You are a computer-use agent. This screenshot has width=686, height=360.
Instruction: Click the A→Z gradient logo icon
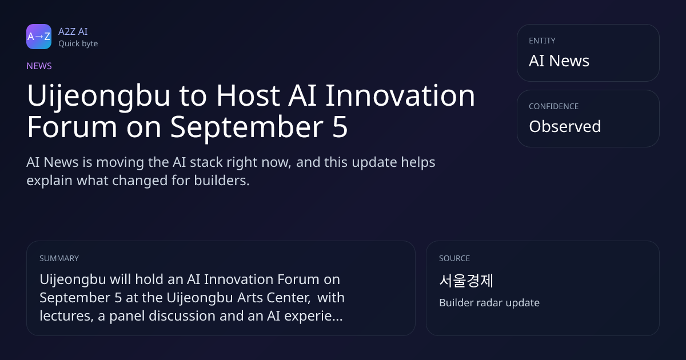click(x=39, y=37)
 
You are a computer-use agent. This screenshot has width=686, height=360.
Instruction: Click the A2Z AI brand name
click(x=73, y=31)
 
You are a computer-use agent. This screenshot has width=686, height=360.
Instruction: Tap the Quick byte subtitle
click(x=78, y=44)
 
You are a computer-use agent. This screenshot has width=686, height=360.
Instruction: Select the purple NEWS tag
click(x=39, y=66)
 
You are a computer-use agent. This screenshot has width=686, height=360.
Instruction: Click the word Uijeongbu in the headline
click(x=98, y=96)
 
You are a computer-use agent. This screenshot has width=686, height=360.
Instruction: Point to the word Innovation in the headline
click(x=400, y=95)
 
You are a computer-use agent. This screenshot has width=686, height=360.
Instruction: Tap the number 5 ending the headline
click(x=340, y=127)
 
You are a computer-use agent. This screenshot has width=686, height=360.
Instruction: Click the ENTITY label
click(x=542, y=41)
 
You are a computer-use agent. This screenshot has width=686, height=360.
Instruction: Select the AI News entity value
click(x=559, y=61)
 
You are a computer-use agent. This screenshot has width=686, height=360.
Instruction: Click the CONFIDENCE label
click(x=554, y=106)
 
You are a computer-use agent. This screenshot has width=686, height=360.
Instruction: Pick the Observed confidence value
click(x=565, y=126)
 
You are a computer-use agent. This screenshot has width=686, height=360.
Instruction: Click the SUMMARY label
click(x=59, y=258)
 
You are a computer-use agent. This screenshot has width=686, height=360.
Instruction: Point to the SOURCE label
click(x=454, y=258)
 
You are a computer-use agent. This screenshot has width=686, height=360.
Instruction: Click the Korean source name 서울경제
click(x=466, y=281)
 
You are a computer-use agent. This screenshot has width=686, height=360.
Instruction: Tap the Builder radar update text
click(x=489, y=303)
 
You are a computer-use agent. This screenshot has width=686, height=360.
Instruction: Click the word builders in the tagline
click(x=222, y=181)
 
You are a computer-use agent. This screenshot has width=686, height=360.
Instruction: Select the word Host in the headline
click(x=248, y=95)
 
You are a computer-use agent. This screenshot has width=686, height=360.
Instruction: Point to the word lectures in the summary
click(x=66, y=316)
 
